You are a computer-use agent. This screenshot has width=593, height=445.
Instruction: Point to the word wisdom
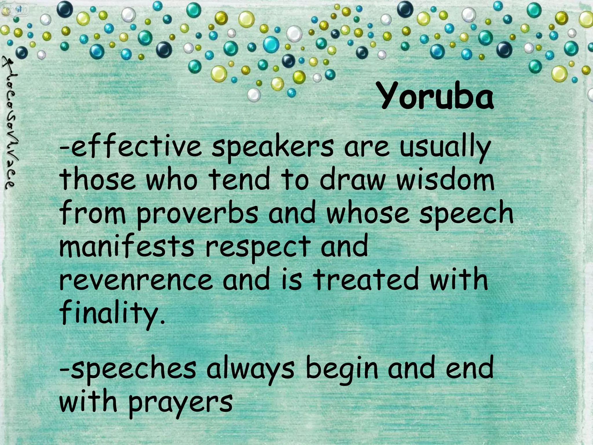(445, 180)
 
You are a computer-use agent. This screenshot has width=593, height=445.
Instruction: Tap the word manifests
(127, 247)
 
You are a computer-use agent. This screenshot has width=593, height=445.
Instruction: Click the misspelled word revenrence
(136, 280)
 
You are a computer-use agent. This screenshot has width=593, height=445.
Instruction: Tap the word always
(250, 369)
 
